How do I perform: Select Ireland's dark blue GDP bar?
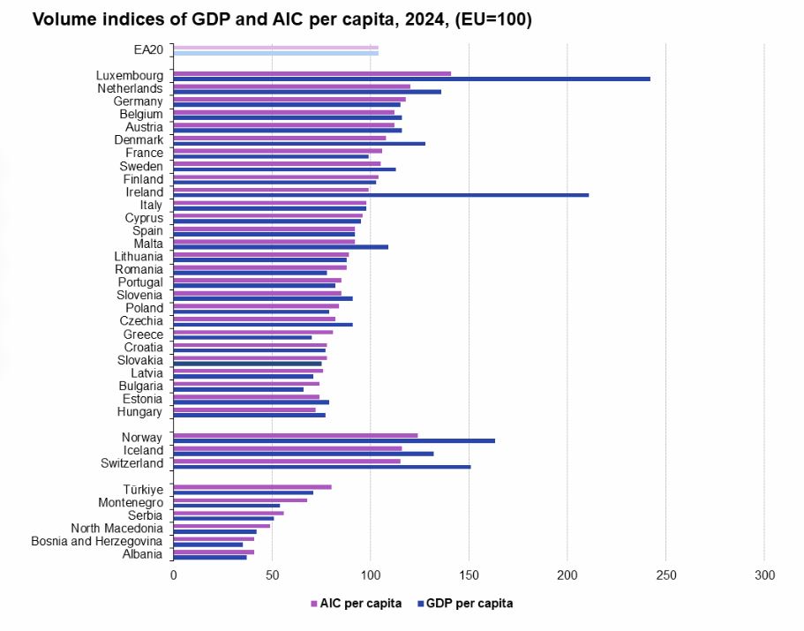pyautogui.click(x=380, y=195)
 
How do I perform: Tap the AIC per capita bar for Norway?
pyautogui.click(x=296, y=435)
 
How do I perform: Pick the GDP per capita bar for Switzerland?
pyautogui.click(x=322, y=466)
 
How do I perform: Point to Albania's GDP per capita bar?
pyautogui.click(x=210, y=557)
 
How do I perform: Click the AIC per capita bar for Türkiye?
pyautogui.click(x=252, y=486)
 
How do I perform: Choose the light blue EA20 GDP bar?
pyautogui.click(x=276, y=53)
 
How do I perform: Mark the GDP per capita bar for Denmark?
pyautogui.click(x=299, y=143)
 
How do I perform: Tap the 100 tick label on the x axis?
pyautogui.click(x=371, y=575)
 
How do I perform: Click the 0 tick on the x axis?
pyautogui.click(x=174, y=575)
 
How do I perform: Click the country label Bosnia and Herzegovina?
pyautogui.click(x=97, y=541)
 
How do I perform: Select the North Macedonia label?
pyautogui.click(x=117, y=528)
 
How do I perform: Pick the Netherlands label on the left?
pyautogui.click(x=131, y=88)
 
